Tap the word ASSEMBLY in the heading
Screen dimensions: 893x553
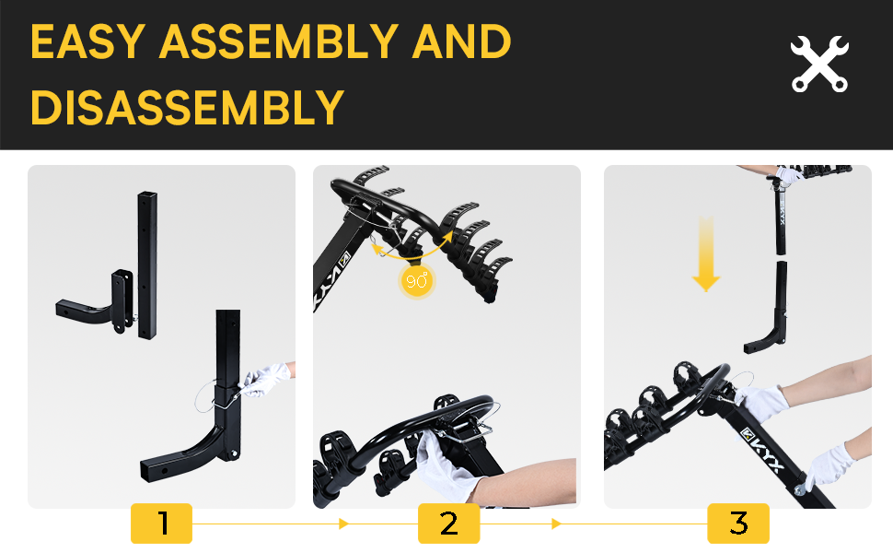[279, 41]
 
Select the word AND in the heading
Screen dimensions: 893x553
[461, 41]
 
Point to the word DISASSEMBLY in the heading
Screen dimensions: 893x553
[188, 107]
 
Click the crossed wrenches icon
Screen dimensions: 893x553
[819, 64]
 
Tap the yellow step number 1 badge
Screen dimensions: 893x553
[162, 524]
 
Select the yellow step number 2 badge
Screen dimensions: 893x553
[448, 524]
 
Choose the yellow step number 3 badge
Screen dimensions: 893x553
[738, 524]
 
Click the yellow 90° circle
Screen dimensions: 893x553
[416, 280]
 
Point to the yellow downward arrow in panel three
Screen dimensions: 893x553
[706, 254]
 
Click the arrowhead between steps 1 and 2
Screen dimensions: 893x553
[343, 524]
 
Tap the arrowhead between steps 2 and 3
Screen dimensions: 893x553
[556, 524]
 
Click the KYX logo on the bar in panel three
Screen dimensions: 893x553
[760, 450]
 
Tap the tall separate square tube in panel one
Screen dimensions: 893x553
[147, 265]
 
